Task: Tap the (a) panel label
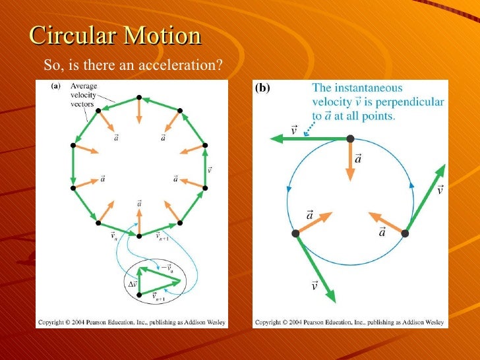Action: (x=56, y=86)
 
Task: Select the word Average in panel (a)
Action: (x=84, y=86)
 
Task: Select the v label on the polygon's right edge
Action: (x=210, y=169)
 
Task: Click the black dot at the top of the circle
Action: (x=350, y=138)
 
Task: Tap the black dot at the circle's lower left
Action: (x=295, y=233)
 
